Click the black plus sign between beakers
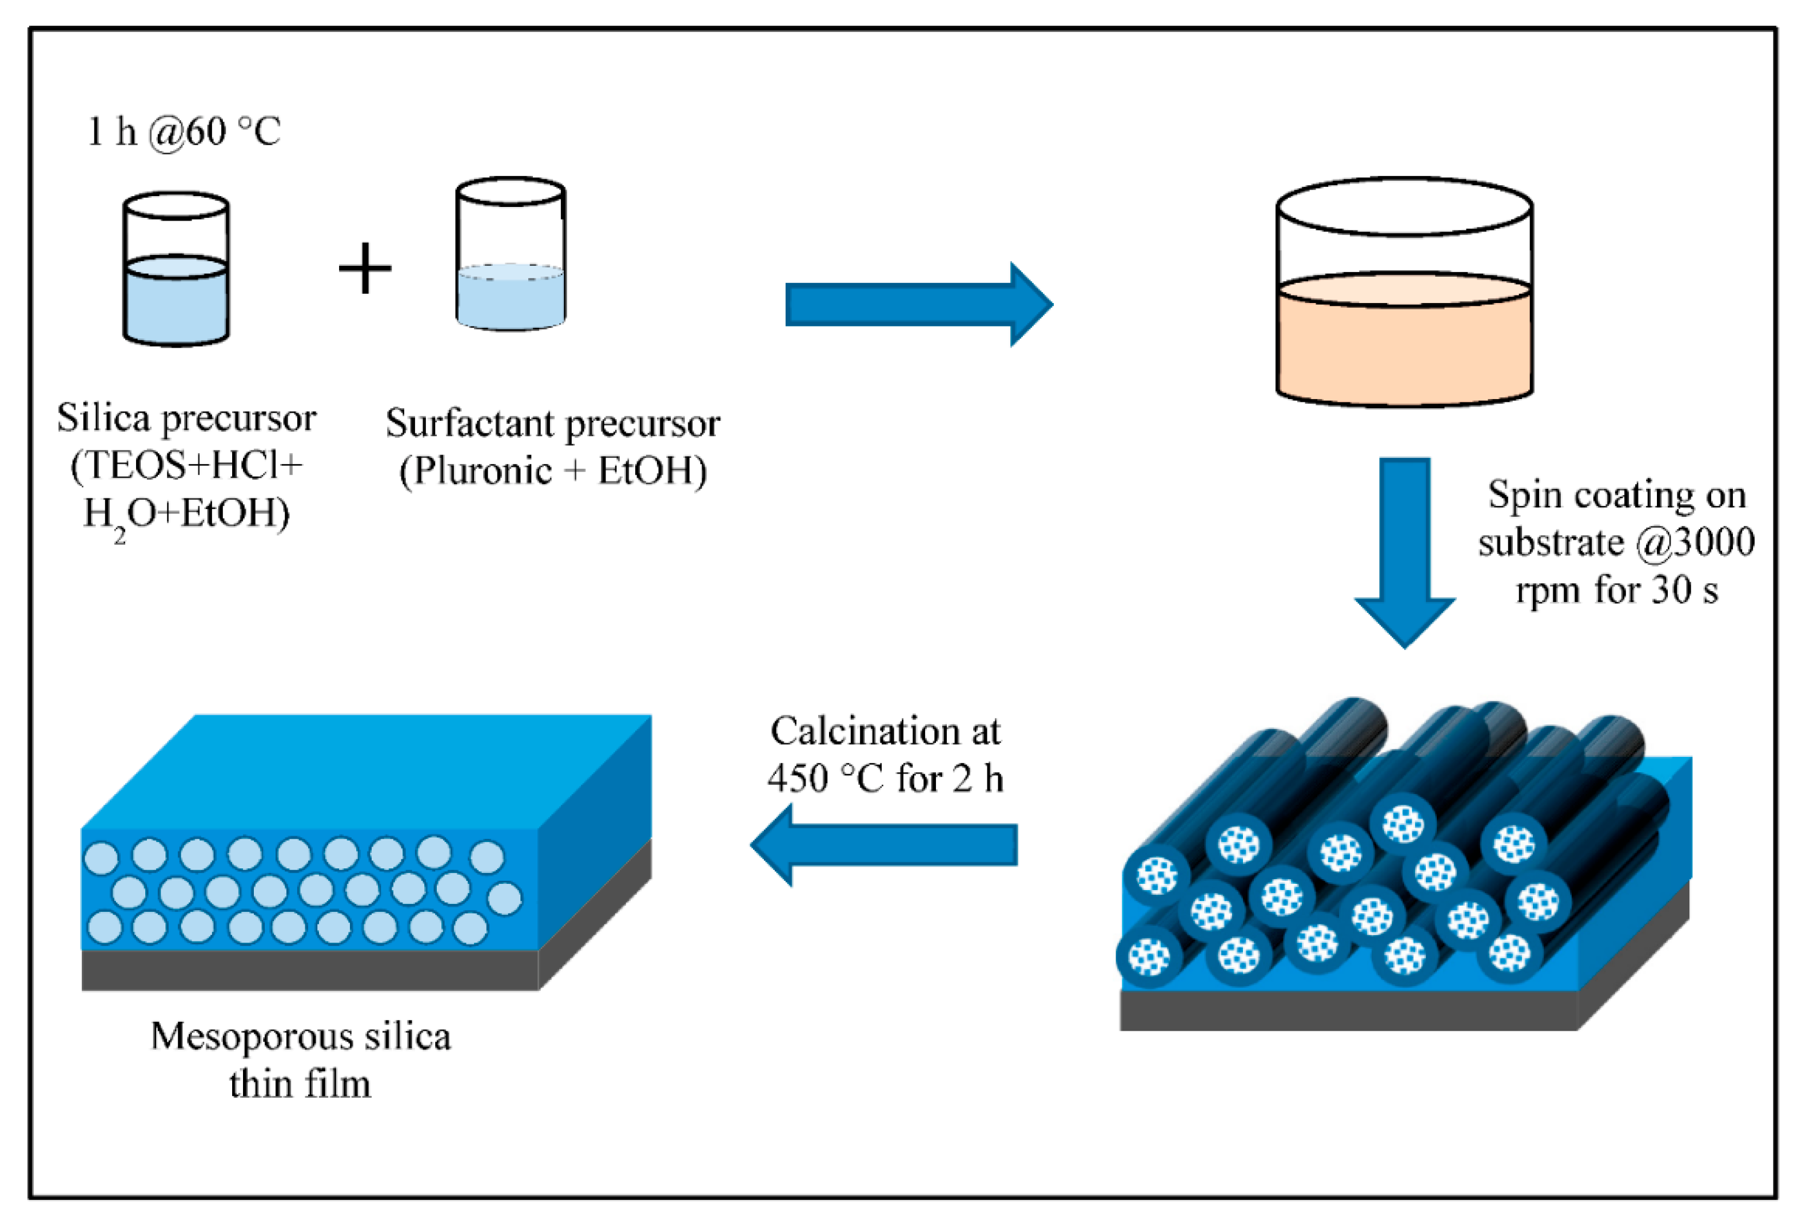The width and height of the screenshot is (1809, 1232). (365, 268)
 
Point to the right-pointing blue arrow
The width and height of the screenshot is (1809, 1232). (919, 304)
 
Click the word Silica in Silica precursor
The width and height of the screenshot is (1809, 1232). (103, 418)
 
